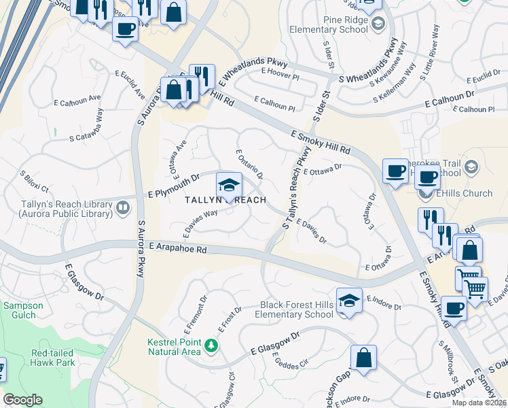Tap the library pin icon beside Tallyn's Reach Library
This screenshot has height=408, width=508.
pyautogui.click(x=123, y=207)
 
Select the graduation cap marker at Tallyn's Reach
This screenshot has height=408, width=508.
pyautogui.click(x=229, y=186)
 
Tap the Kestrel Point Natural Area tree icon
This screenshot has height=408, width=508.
pyautogui.click(x=212, y=346)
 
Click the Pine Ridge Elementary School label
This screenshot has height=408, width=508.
pyautogui.click(x=327, y=25)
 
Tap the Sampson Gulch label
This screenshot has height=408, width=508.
pyautogui.click(x=23, y=311)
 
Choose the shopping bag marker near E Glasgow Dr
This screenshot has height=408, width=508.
pyautogui.click(x=363, y=358)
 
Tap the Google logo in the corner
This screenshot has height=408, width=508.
pyautogui.click(x=22, y=400)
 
